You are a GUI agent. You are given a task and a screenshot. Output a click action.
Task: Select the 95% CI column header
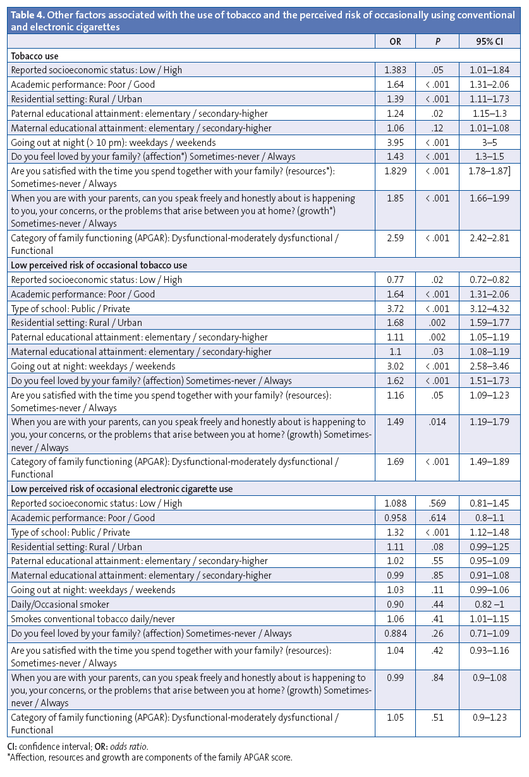490,42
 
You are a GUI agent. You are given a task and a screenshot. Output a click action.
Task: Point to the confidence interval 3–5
490,142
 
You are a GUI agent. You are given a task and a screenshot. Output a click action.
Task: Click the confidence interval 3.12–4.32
490,309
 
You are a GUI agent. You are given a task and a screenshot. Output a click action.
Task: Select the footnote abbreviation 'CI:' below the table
15,747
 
